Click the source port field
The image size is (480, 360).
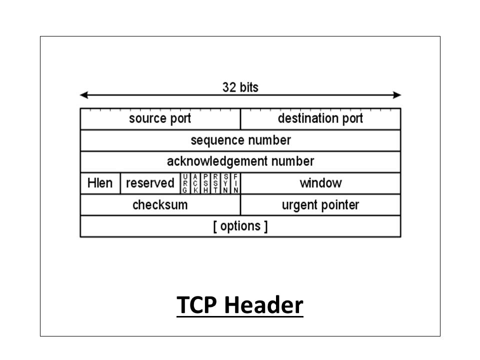pos(160,119)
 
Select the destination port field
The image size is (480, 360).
pos(320,119)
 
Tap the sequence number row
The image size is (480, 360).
pos(240,140)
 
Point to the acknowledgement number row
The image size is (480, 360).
pos(240,162)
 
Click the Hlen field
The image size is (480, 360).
pos(100,183)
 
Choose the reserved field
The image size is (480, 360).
pos(149,183)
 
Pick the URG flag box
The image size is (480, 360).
pos(185,183)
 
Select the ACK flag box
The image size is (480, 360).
pos(195,183)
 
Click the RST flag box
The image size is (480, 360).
pos(215,183)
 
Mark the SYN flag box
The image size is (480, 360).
pos(225,183)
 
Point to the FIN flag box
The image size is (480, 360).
pos(235,183)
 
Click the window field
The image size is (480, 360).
pos(320,183)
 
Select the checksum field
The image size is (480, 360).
pos(160,205)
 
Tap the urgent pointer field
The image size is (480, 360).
pos(320,205)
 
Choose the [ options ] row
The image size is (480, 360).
pos(240,226)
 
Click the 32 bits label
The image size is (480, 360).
pos(240,87)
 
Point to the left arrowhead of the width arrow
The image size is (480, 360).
pos(84,95)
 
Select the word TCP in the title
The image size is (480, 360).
pos(196,305)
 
